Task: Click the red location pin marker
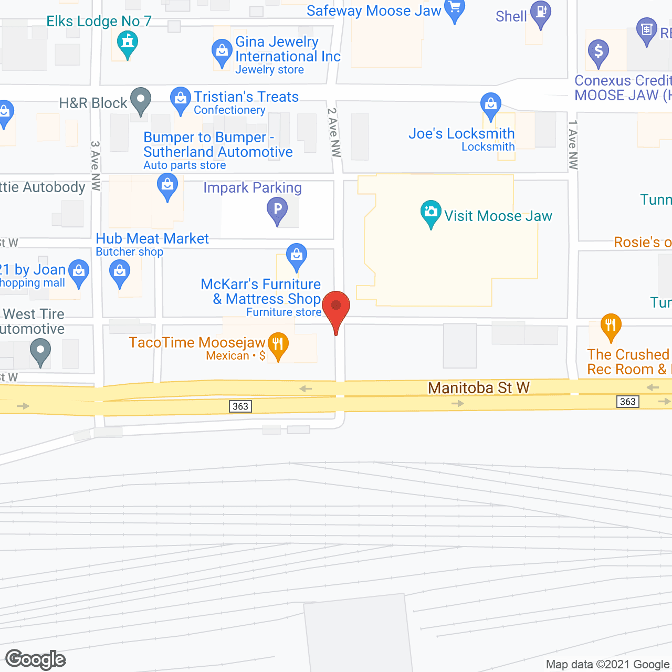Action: pos(336,307)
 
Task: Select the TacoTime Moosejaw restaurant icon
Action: pos(278,345)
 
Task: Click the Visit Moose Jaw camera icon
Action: pos(430,213)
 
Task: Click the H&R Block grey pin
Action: pos(140,100)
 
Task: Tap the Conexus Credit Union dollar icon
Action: pos(598,52)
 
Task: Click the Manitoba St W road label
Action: pos(479,388)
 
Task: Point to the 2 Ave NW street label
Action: pos(334,132)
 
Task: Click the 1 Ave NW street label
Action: pos(573,145)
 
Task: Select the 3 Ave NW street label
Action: pos(96,165)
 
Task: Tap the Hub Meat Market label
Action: pos(152,239)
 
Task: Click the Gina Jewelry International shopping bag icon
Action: pos(222,52)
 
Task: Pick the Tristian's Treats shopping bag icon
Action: pos(181,99)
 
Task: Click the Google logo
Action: pos(36,659)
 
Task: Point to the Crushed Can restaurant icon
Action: pos(611,326)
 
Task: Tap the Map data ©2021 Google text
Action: pos(607,665)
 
